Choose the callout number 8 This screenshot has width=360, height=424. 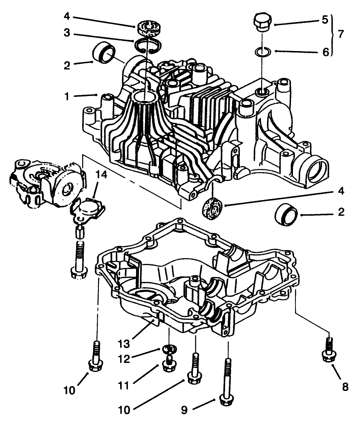345,386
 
